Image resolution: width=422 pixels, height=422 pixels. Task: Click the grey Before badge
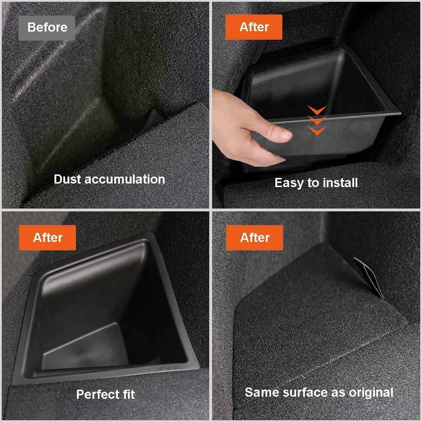click(47, 27)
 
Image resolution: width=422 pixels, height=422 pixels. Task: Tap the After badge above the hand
click(254, 27)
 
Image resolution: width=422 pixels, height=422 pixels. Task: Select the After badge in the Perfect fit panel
click(47, 238)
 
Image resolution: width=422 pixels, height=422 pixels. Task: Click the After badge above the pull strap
click(255, 238)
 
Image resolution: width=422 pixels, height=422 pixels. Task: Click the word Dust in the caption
click(68, 179)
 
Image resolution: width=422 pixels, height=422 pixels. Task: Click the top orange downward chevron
click(317, 110)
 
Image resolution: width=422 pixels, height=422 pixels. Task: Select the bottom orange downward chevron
click(317, 131)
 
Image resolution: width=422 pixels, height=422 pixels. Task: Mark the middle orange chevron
click(317, 120)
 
